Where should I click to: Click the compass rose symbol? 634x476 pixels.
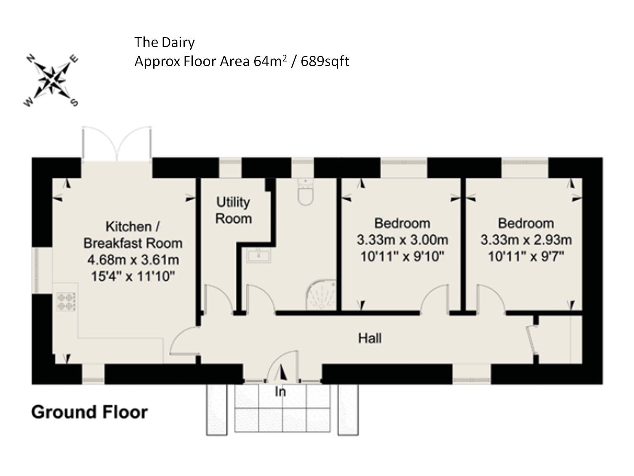(x=51, y=80)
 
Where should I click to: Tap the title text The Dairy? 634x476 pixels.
(x=164, y=43)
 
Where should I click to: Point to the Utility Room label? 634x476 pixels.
(x=233, y=210)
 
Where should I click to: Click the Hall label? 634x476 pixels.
(x=370, y=338)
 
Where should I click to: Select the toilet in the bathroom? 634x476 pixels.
(x=306, y=191)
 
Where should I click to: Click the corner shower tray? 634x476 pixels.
(x=321, y=295)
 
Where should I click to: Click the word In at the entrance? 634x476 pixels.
(x=280, y=392)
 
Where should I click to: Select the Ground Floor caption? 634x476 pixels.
(x=90, y=412)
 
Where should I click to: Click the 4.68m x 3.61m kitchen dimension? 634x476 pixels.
(x=133, y=260)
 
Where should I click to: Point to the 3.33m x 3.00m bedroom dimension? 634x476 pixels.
(x=402, y=240)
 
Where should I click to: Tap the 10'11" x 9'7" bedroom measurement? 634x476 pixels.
(x=526, y=256)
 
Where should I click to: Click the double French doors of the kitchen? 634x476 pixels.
(x=117, y=144)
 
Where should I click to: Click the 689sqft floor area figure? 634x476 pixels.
(x=325, y=61)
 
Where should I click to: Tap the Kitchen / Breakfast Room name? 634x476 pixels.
(x=133, y=235)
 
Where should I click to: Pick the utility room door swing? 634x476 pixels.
(x=218, y=299)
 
